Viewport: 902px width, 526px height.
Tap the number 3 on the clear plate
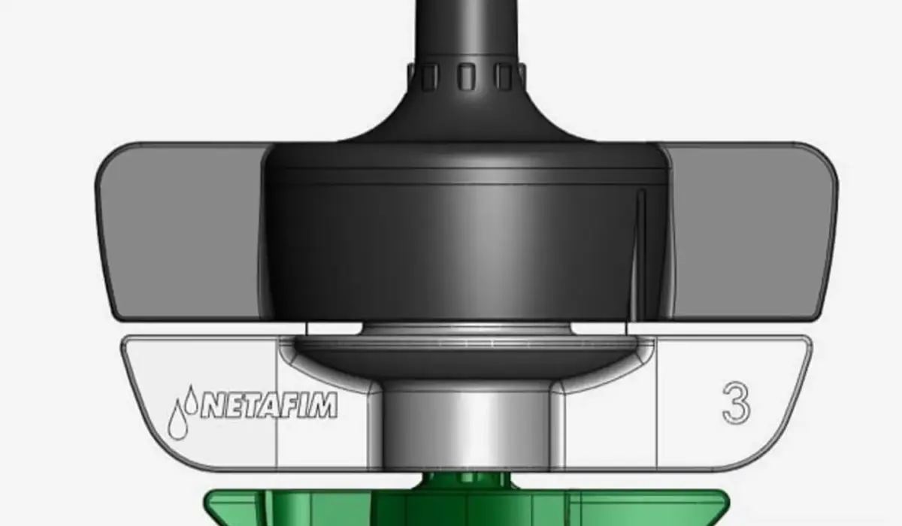[x=737, y=404]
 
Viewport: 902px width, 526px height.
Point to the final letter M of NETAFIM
[x=325, y=405]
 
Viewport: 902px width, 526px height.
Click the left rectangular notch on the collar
[x=429, y=76]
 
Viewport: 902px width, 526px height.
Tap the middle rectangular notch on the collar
[x=467, y=76]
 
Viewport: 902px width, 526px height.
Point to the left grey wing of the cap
[x=180, y=229]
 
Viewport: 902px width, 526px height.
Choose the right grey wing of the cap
[x=752, y=229]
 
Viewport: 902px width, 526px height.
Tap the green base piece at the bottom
[x=466, y=507]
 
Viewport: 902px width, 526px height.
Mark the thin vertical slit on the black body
[x=640, y=240]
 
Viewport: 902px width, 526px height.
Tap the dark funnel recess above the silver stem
[x=466, y=361]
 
